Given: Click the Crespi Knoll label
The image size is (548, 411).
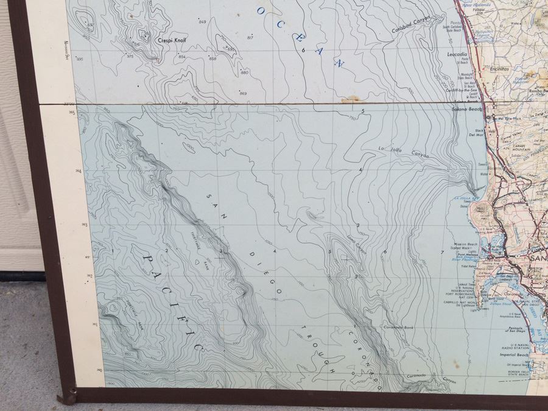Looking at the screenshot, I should point(172,40).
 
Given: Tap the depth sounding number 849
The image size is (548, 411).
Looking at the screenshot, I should point(202,22).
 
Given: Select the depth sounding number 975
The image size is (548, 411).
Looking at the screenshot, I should point(130,56).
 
